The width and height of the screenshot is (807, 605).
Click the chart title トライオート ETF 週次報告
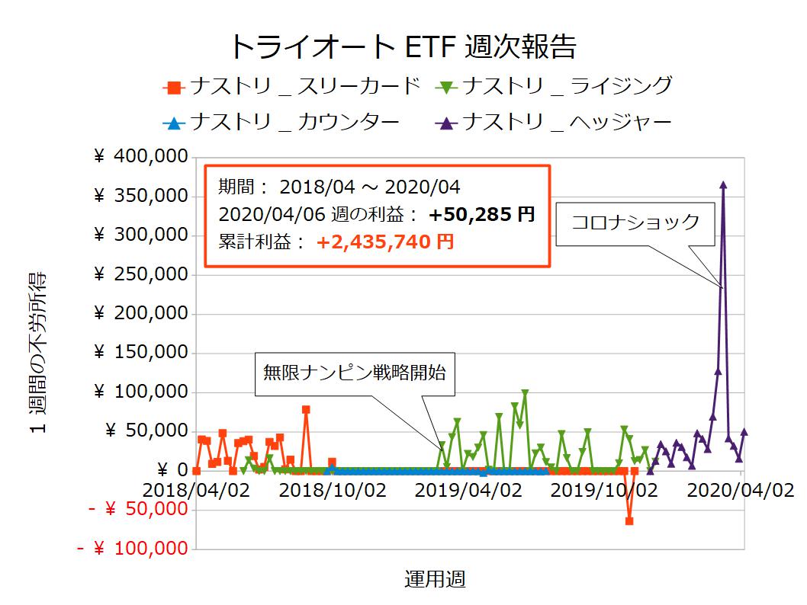(x=403, y=46)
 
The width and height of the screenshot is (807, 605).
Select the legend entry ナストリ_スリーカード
(x=293, y=86)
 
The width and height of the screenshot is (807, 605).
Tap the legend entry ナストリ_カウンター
(x=282, y=122)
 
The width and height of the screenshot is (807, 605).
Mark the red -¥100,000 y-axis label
(x=134, y=548)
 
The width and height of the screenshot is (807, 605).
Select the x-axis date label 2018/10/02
(x=332, y=490)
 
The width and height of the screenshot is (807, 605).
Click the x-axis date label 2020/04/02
(x=740, y=490)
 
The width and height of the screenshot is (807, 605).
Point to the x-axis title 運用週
(x=434, y=580)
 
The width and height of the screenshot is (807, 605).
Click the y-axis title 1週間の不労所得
(x=39, y=352)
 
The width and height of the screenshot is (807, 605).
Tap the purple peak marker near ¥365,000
(x=723, y=184)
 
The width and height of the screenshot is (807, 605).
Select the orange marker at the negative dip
(x=629, y=521)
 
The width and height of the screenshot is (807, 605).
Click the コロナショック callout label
(x=635, y=222)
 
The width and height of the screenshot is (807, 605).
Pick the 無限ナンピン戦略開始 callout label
(x=354, y=373)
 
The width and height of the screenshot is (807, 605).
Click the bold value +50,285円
(x=481, y=214)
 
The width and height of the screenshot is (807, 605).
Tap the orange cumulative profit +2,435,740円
(x=385, y=242)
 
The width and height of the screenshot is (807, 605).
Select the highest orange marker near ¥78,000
(x=306, y=409)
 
